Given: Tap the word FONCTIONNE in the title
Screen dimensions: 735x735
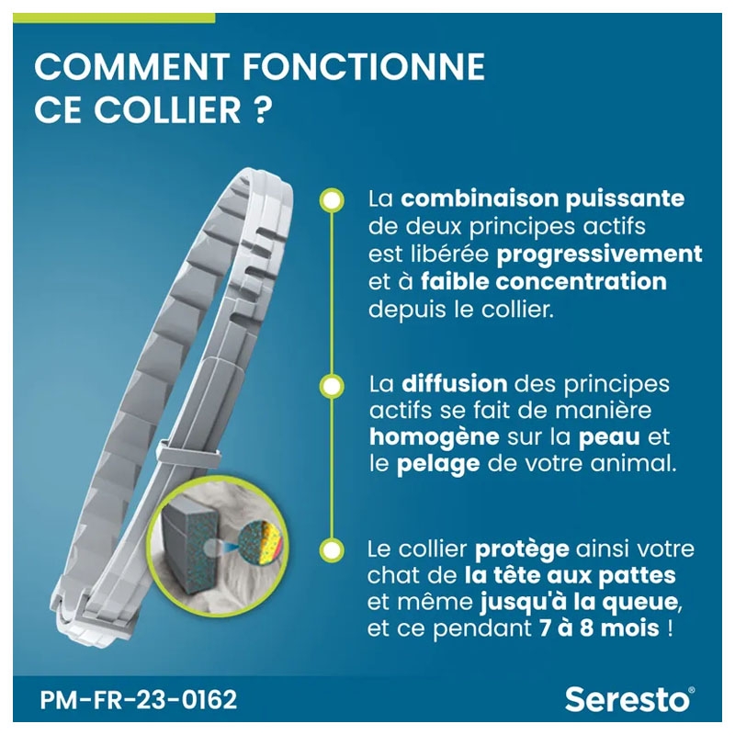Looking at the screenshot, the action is (364, 66).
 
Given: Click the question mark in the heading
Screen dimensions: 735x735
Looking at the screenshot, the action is (263, 109).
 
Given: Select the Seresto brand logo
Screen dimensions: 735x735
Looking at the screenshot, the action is (629, 699).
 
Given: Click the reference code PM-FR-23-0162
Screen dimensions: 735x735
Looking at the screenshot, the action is (139, 700).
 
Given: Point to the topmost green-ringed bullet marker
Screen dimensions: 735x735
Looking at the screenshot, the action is (332, 200).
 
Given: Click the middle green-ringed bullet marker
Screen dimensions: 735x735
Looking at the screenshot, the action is (332, 386).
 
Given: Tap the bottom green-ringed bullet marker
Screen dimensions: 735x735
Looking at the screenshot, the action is (332, 549).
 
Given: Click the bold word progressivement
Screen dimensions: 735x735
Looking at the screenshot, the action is (600, 255).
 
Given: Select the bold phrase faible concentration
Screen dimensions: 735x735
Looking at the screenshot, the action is (544, 282).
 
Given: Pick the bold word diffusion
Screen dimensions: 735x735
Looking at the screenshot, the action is (454, 383).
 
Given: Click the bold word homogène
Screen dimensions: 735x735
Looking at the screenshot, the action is (434, 437).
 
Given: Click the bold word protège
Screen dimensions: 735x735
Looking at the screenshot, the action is (522, 548).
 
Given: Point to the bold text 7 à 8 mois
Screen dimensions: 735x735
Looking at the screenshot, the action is (599, 628).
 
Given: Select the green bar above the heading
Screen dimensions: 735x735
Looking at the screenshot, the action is (114, 17).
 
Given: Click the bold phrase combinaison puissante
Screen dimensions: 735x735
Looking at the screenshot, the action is (542, 199).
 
